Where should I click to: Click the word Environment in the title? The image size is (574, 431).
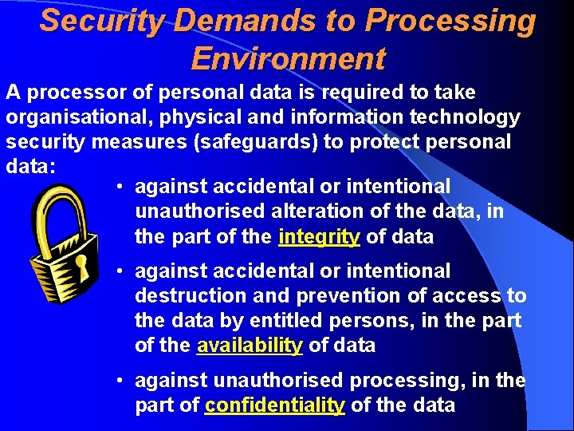tap(289, 58)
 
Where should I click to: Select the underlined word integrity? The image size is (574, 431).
tap(320, 236)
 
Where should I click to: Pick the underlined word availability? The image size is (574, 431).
tap(250, 346)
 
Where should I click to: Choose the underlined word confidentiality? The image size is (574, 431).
tap(274, 405)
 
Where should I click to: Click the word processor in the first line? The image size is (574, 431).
tap(63, 92)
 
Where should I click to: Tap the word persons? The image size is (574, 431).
tap(395, 320)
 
